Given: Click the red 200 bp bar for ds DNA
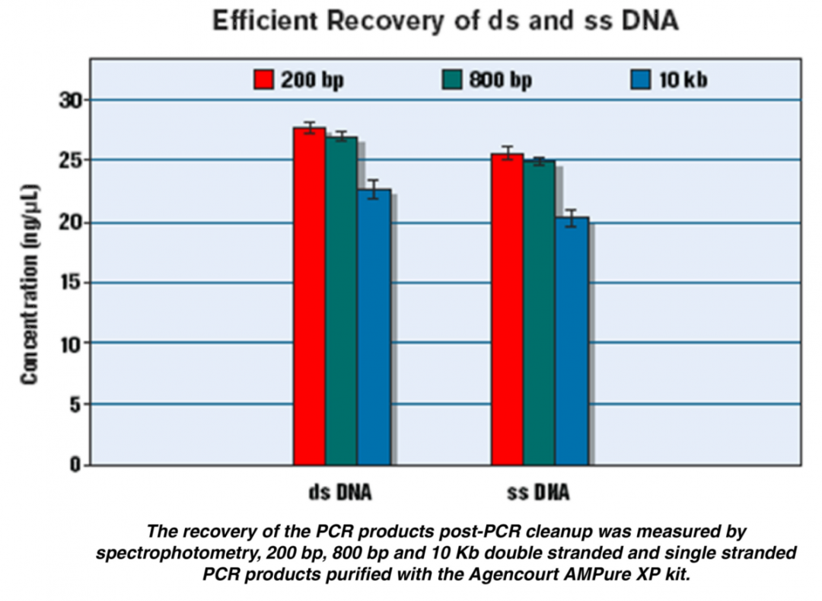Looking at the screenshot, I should [309, 297].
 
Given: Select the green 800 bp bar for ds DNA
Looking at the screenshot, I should [341, 302].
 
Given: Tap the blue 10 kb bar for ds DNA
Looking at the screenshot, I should [374, 328].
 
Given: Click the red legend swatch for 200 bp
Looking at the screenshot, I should [263, 79].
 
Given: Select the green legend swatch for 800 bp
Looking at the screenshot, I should [451, 79].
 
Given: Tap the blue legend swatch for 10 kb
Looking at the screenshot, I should [640, 79].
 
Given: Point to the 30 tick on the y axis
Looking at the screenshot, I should [72, 100].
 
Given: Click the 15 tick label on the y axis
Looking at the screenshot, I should [72, 283].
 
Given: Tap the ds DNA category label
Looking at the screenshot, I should [335, 493].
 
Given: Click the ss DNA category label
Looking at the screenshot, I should [538, 493].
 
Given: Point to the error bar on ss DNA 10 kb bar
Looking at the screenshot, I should [572, 218].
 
